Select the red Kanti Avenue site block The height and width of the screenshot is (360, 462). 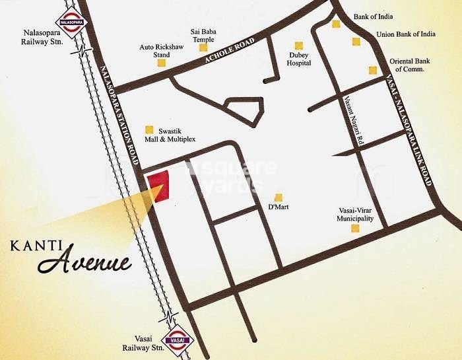point(158,186)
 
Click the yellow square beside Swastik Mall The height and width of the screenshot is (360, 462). point(149,129)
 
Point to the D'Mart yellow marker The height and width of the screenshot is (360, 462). point(279,198)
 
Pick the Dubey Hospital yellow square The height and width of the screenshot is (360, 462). point(298,46)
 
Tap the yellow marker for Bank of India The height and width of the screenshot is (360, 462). point(336,24)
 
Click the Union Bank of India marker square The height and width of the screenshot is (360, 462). point(356,42)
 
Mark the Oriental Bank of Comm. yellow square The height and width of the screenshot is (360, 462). point(372,70)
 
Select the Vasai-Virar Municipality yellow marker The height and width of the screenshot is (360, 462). point(355,229)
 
